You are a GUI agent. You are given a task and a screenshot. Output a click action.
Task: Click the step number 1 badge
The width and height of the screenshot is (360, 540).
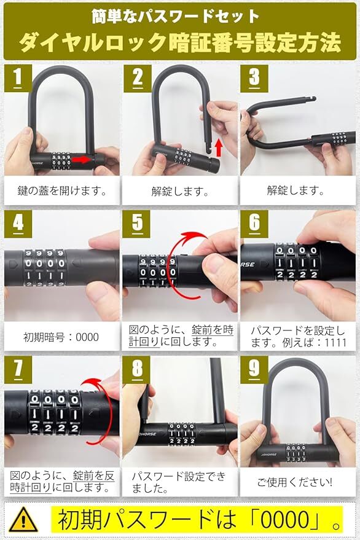pyautogui.click(x=18, y=78)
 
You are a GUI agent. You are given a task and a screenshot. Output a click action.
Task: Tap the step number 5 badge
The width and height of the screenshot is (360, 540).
pyautogui.click(x=137, y=224)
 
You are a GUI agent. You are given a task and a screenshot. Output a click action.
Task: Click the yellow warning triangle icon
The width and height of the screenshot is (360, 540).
pyautogui.click(x=23, y=520)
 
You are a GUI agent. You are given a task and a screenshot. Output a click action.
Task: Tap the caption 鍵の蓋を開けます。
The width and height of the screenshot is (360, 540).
pyautogui.click(x=62, y=190)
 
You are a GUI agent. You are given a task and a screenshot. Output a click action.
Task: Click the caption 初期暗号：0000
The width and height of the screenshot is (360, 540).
pyautogui.click(x=61, y=337)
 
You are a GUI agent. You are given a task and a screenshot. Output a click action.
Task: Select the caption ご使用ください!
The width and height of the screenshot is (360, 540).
pyautogui.click(x=295, y=482)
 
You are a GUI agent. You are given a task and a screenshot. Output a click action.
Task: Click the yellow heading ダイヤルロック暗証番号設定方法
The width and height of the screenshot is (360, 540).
pyautogui.click(x=180, y=43)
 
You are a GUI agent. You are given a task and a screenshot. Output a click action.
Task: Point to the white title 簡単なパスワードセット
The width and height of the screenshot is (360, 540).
pyautogui.click(x=175, y=16)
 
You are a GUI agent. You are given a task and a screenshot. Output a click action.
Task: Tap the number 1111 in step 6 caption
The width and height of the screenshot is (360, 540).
pyautogui.click(x=335, y=343)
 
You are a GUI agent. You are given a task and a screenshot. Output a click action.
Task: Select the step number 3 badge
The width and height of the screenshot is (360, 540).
pyautogui.click(x=254, y=78)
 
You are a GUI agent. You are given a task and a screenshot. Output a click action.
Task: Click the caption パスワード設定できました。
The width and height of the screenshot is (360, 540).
pyautogui.click(x=179, y=482)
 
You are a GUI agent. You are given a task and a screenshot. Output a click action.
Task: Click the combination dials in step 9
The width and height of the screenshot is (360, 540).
pyautogui.click(x=297, y=453)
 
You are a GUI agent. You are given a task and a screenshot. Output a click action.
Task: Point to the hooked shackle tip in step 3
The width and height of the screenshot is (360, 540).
pyautogui.click(x=311, y=100)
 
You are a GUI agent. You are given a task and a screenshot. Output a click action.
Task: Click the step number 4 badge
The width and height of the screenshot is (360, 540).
pyautogui.click(x=18, y=224)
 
